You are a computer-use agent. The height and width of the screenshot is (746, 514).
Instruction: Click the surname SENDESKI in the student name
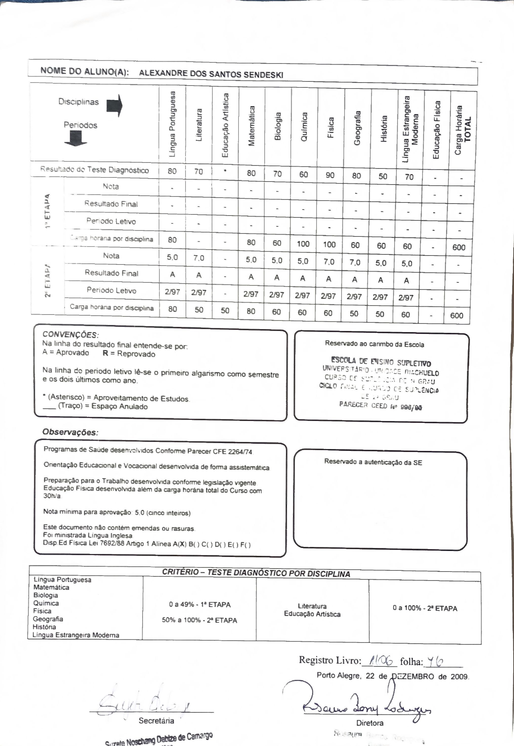click(263, 75)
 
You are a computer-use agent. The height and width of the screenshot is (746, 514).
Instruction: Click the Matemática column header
click(252, 126)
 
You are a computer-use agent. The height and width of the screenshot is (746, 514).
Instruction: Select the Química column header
click(304, 127)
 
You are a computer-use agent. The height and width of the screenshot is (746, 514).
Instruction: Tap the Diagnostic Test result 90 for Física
click(330, 175)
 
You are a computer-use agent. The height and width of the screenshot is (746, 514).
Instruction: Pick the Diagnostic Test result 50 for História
click(383, 176)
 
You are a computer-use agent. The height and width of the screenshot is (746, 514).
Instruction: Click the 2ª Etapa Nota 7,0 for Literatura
click(199, 258)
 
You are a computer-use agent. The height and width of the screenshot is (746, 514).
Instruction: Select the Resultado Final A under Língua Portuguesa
click(172, 275)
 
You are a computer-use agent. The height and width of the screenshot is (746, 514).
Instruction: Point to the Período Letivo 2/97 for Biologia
click(277, 295)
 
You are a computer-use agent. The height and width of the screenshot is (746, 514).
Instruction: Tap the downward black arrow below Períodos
click(76, 139)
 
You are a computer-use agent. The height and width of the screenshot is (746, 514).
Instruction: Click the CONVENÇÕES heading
click(71, 334)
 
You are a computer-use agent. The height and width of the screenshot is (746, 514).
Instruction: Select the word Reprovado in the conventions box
click(136, 354)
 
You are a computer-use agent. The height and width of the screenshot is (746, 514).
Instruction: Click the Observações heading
click(70, 432)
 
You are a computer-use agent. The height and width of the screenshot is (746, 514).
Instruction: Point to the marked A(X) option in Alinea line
click(180, 544)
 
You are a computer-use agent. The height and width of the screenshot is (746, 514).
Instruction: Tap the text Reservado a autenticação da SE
click(373, 462)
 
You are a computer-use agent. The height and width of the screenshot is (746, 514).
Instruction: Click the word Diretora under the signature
click(370, 723)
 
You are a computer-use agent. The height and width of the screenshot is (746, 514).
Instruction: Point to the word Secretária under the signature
click(156, 721)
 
